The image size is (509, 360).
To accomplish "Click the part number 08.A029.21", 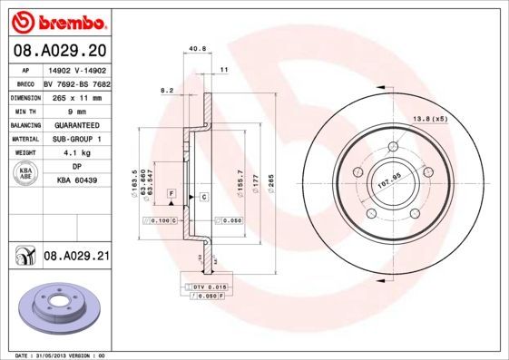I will pos(77,258).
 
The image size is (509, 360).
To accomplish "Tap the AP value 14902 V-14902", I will pos(76,69).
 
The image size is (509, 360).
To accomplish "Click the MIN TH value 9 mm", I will pos(77,109).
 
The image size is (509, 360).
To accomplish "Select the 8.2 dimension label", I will pos(167,91).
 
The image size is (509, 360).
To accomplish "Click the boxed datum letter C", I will pos(203,197).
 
